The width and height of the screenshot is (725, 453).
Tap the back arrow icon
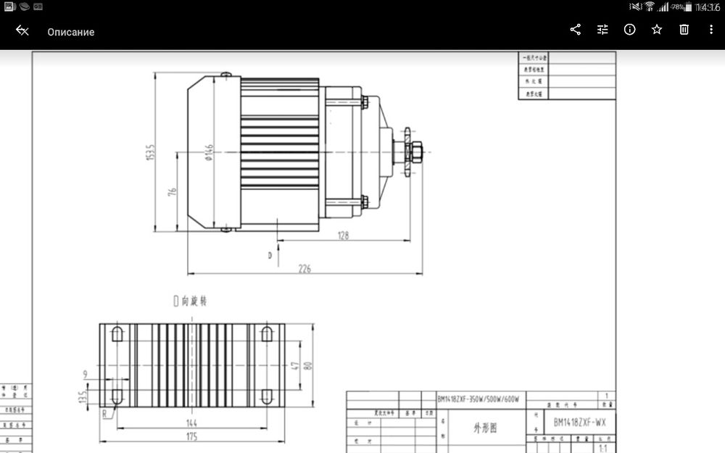[22, 30]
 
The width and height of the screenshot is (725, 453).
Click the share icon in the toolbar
[576, 30]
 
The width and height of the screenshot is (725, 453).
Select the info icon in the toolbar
[629, 30]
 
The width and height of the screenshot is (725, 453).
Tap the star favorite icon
[657, 30]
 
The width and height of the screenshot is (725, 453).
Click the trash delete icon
[684, 30]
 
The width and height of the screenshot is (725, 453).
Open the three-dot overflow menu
[710, 30]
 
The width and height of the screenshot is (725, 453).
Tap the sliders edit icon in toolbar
[602, 30]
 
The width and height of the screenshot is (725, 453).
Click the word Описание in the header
[71, 32]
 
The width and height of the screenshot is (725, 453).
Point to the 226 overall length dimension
[304, 268]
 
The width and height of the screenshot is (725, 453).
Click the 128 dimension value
[343, 235]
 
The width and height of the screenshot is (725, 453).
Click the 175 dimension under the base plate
[191, 436]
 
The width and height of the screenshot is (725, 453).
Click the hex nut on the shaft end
[418, 152]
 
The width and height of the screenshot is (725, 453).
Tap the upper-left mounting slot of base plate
[117, 334]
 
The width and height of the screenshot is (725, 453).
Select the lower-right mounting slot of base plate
[266, 396]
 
